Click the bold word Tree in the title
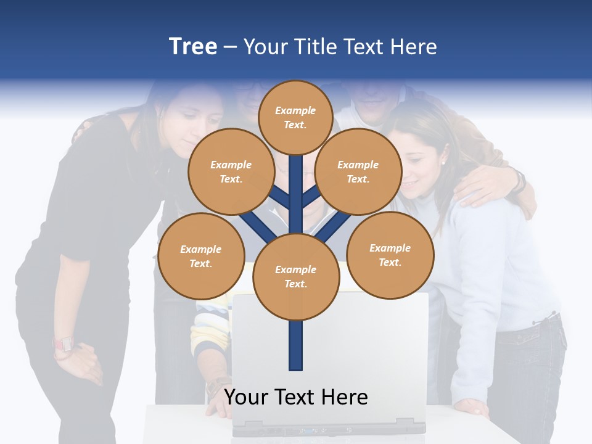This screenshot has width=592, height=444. pos(193,47)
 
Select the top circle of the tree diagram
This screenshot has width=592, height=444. pos(295,117)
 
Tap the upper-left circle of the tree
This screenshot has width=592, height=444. pos(231,171)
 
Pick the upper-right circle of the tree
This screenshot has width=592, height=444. pos(358,171)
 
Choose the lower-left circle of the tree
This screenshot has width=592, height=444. pos(201,256)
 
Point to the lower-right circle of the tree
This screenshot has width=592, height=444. pos(390,255)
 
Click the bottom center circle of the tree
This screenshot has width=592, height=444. pos(296,277)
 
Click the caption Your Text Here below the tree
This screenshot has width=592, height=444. pos(296,397)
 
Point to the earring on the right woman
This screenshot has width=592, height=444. pos(442,162)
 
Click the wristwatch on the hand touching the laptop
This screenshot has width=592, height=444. pos(216,387)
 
